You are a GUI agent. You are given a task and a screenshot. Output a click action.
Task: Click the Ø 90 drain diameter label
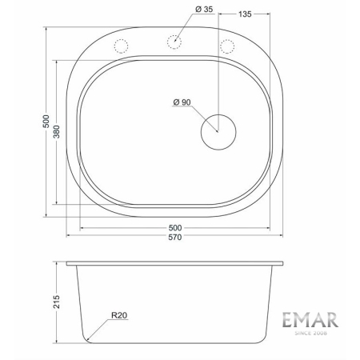point(183,102)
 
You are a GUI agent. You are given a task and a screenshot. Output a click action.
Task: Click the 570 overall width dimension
point(174,238)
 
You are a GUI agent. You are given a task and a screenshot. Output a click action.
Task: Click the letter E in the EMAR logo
point(288,320)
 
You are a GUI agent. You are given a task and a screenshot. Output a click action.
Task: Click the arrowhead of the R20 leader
point(87,339)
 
